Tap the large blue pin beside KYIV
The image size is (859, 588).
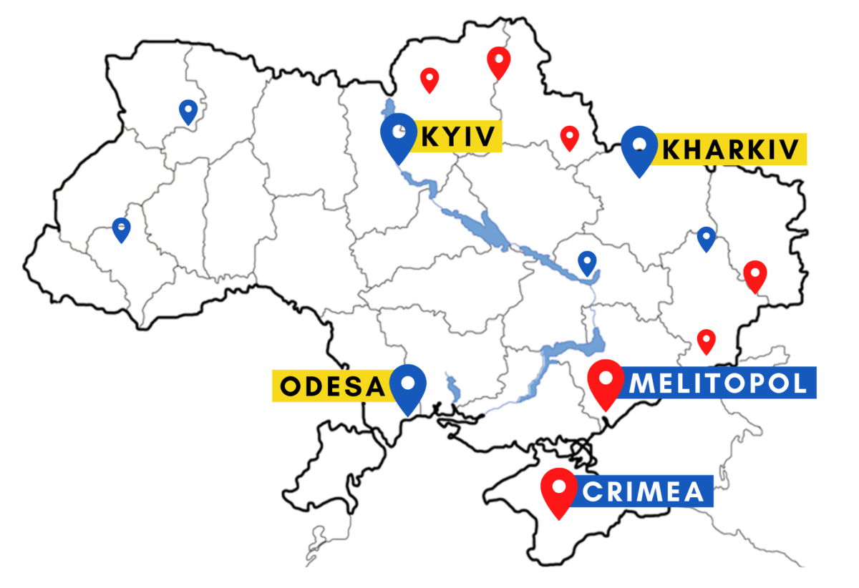point(398,136)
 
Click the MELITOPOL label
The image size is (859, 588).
point(719,383)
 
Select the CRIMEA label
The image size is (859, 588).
point(646,491)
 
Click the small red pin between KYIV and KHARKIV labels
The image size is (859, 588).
point(569,137)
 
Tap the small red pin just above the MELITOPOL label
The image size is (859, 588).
point(707,340)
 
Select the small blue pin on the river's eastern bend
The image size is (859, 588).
point(588,263)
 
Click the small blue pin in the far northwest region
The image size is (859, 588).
point(188,111)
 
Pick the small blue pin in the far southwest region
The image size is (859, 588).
point(122,229)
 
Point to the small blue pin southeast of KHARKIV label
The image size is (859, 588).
point(707,238)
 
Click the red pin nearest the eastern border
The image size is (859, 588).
point(754,275)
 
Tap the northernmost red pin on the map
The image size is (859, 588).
point(498,62)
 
